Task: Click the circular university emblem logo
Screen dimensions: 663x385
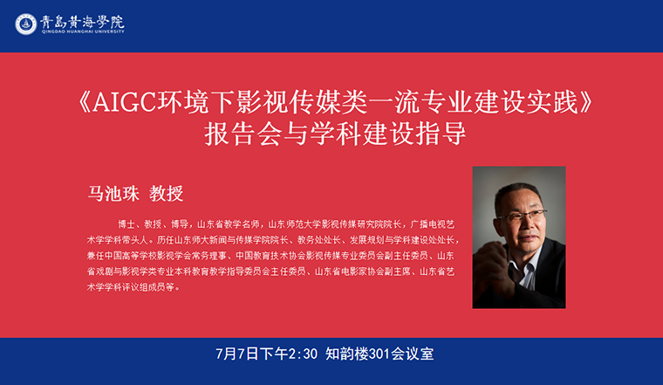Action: coord(26,24)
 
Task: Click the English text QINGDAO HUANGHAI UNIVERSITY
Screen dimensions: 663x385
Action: coord(83,31)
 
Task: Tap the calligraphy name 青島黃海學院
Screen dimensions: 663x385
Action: coord(83,21)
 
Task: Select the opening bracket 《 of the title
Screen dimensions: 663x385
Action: coord(84,103)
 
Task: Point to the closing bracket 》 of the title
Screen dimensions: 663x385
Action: coord(586,103)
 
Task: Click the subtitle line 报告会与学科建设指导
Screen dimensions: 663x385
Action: coord(335,134)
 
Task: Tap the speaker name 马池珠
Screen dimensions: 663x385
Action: coord(113,193)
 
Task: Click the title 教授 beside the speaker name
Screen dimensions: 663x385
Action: coord(166,193)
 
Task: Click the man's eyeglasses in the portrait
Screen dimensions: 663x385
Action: coord(522,216)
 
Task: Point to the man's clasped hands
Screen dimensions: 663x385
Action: coord(493,265)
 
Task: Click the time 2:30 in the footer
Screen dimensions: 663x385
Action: coord(303,354)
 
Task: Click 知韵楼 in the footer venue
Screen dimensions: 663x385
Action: coord(346,354)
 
